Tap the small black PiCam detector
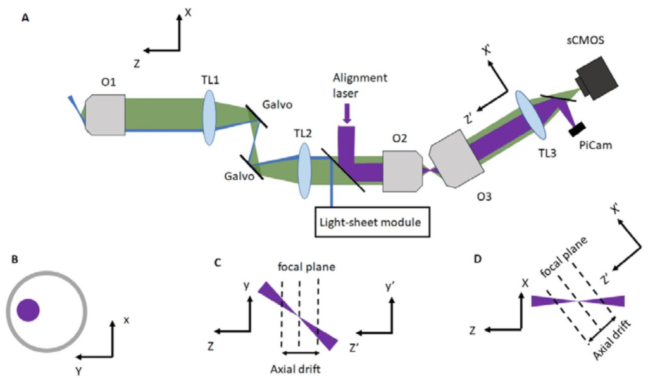576,130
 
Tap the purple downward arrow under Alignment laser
347,114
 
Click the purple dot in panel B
28,310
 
